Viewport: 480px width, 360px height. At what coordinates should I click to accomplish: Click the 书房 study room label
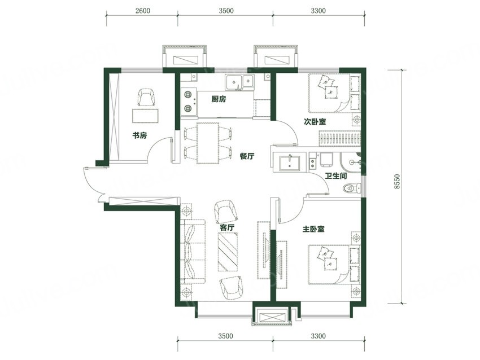pyautogui.click(x=139, y=135)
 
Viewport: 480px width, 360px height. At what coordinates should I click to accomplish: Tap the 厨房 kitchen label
pyautogui.click(x=219, y=99)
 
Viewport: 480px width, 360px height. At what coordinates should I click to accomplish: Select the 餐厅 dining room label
pyautogui.click(x=247, y=156)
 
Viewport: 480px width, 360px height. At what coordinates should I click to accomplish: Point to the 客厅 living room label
pyautogui.click(x=227, y=227)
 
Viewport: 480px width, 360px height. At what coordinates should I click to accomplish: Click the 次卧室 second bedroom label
pyautogui.click(x=315, y=121)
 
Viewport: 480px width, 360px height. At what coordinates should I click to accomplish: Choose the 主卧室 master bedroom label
pyautogui.click(x=313, y=229)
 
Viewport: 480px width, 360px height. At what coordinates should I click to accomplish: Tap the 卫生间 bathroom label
pyautogui.click(x=336, y=176)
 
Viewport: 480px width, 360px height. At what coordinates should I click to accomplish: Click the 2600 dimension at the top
pyautogui.click(x=143, y=11)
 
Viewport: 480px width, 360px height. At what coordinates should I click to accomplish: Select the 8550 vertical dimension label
pyautogui.click(x=397, y=182)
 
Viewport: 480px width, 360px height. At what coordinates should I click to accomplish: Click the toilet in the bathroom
pyautogui.click(x=352, y=187)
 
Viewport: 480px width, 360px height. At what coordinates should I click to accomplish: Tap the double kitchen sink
pyautogui.click(x=239, y=82)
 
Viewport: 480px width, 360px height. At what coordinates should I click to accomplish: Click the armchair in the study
pyautogui.click(x=147, y=97)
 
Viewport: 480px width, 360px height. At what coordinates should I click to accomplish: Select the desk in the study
pyautogui.click(x=145, y=115)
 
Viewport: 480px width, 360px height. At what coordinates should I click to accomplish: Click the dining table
pyautogui.click(x=208, y=143)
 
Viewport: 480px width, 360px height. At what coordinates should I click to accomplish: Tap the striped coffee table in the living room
pyautogui.click(x=228, y=252)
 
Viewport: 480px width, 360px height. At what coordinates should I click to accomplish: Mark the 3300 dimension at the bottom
pyautogui.click(x=318, y=336)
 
